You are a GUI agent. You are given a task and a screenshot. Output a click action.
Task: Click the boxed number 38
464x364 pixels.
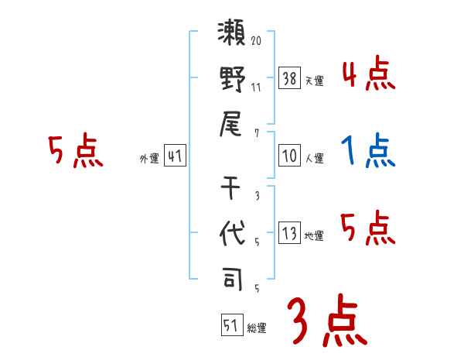tap(289, 77)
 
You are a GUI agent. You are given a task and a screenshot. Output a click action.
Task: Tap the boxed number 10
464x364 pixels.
tap(289, 156)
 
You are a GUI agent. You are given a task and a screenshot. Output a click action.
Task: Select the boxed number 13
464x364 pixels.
tap(289, 233)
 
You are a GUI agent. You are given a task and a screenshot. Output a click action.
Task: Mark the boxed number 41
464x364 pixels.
tap(175, 156)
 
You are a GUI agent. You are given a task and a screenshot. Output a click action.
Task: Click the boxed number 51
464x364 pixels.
tap(231, 325)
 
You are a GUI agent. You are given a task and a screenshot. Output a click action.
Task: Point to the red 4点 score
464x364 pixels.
tap(368, 76)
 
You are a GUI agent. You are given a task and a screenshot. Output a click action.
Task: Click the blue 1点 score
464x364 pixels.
tap(368, 150)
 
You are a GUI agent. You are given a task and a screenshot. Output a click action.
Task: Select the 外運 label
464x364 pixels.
tap(148, 159)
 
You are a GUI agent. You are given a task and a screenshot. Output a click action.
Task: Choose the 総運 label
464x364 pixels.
tap(257, 328)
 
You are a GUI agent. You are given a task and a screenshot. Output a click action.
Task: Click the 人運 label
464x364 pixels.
tap(314, 159)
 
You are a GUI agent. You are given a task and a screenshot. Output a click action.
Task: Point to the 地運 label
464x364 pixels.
tap(314, 236)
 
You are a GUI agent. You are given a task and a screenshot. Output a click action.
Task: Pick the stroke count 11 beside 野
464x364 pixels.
tap(256, 87)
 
